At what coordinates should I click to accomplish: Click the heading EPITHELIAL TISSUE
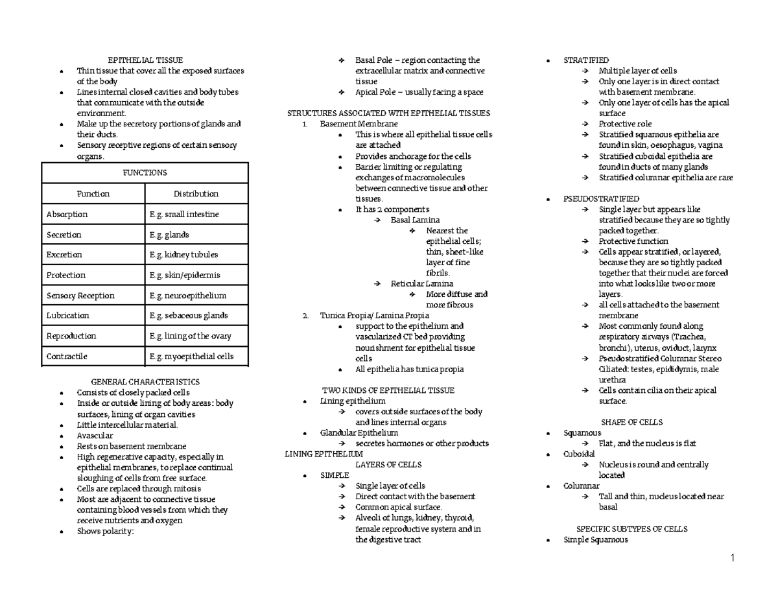[x=145, y=60]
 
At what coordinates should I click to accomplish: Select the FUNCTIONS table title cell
[x=145, y=173]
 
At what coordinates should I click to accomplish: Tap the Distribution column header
[x=196, y=194]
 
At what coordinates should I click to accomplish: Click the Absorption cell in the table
[x=67, y=215]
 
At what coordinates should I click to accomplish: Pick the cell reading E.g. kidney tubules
[x=183, y=255]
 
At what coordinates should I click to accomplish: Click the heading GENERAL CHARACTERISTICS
[x=145, y=382]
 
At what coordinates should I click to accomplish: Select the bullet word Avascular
[x=95, y=436]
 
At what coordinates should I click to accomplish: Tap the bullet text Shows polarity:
[x=104, y=532]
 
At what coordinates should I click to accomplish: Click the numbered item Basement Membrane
[x=359, y=124]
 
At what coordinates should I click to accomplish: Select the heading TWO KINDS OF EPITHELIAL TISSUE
[x=388, y=390]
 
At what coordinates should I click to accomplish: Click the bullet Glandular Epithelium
[x=359, y=433]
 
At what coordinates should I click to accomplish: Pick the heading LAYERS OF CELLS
[x=388, y=465]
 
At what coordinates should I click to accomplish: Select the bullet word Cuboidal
[x=579, y=454]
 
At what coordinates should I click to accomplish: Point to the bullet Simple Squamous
[x=595, y=539]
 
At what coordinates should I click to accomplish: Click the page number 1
[x=732, y=558]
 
